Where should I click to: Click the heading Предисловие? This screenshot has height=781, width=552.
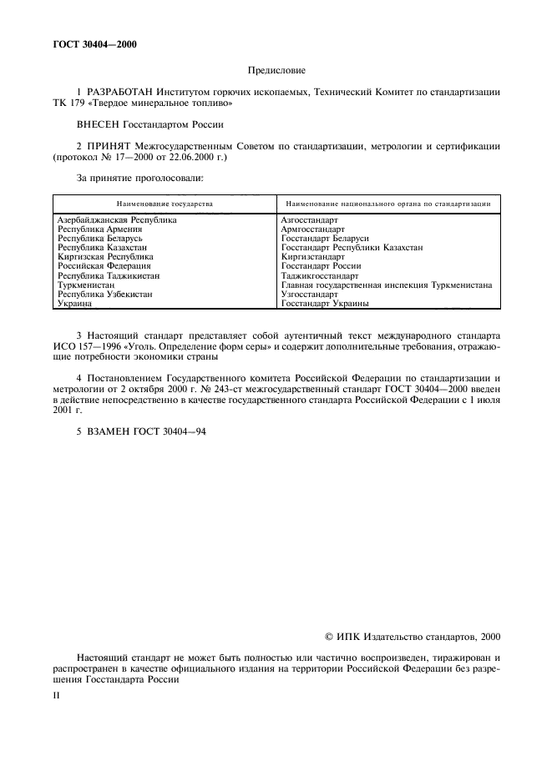pos(276,72)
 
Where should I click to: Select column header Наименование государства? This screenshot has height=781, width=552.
pos(165,203)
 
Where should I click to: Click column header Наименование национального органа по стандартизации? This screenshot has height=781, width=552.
pos(388,203)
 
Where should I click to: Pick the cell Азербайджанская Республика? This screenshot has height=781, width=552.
pos(117,220)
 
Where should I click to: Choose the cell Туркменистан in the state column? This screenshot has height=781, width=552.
pos(86,285)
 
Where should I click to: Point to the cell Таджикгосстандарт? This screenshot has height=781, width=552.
pos(320,276)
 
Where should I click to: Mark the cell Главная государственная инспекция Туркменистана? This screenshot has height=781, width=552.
pos(387,285)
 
